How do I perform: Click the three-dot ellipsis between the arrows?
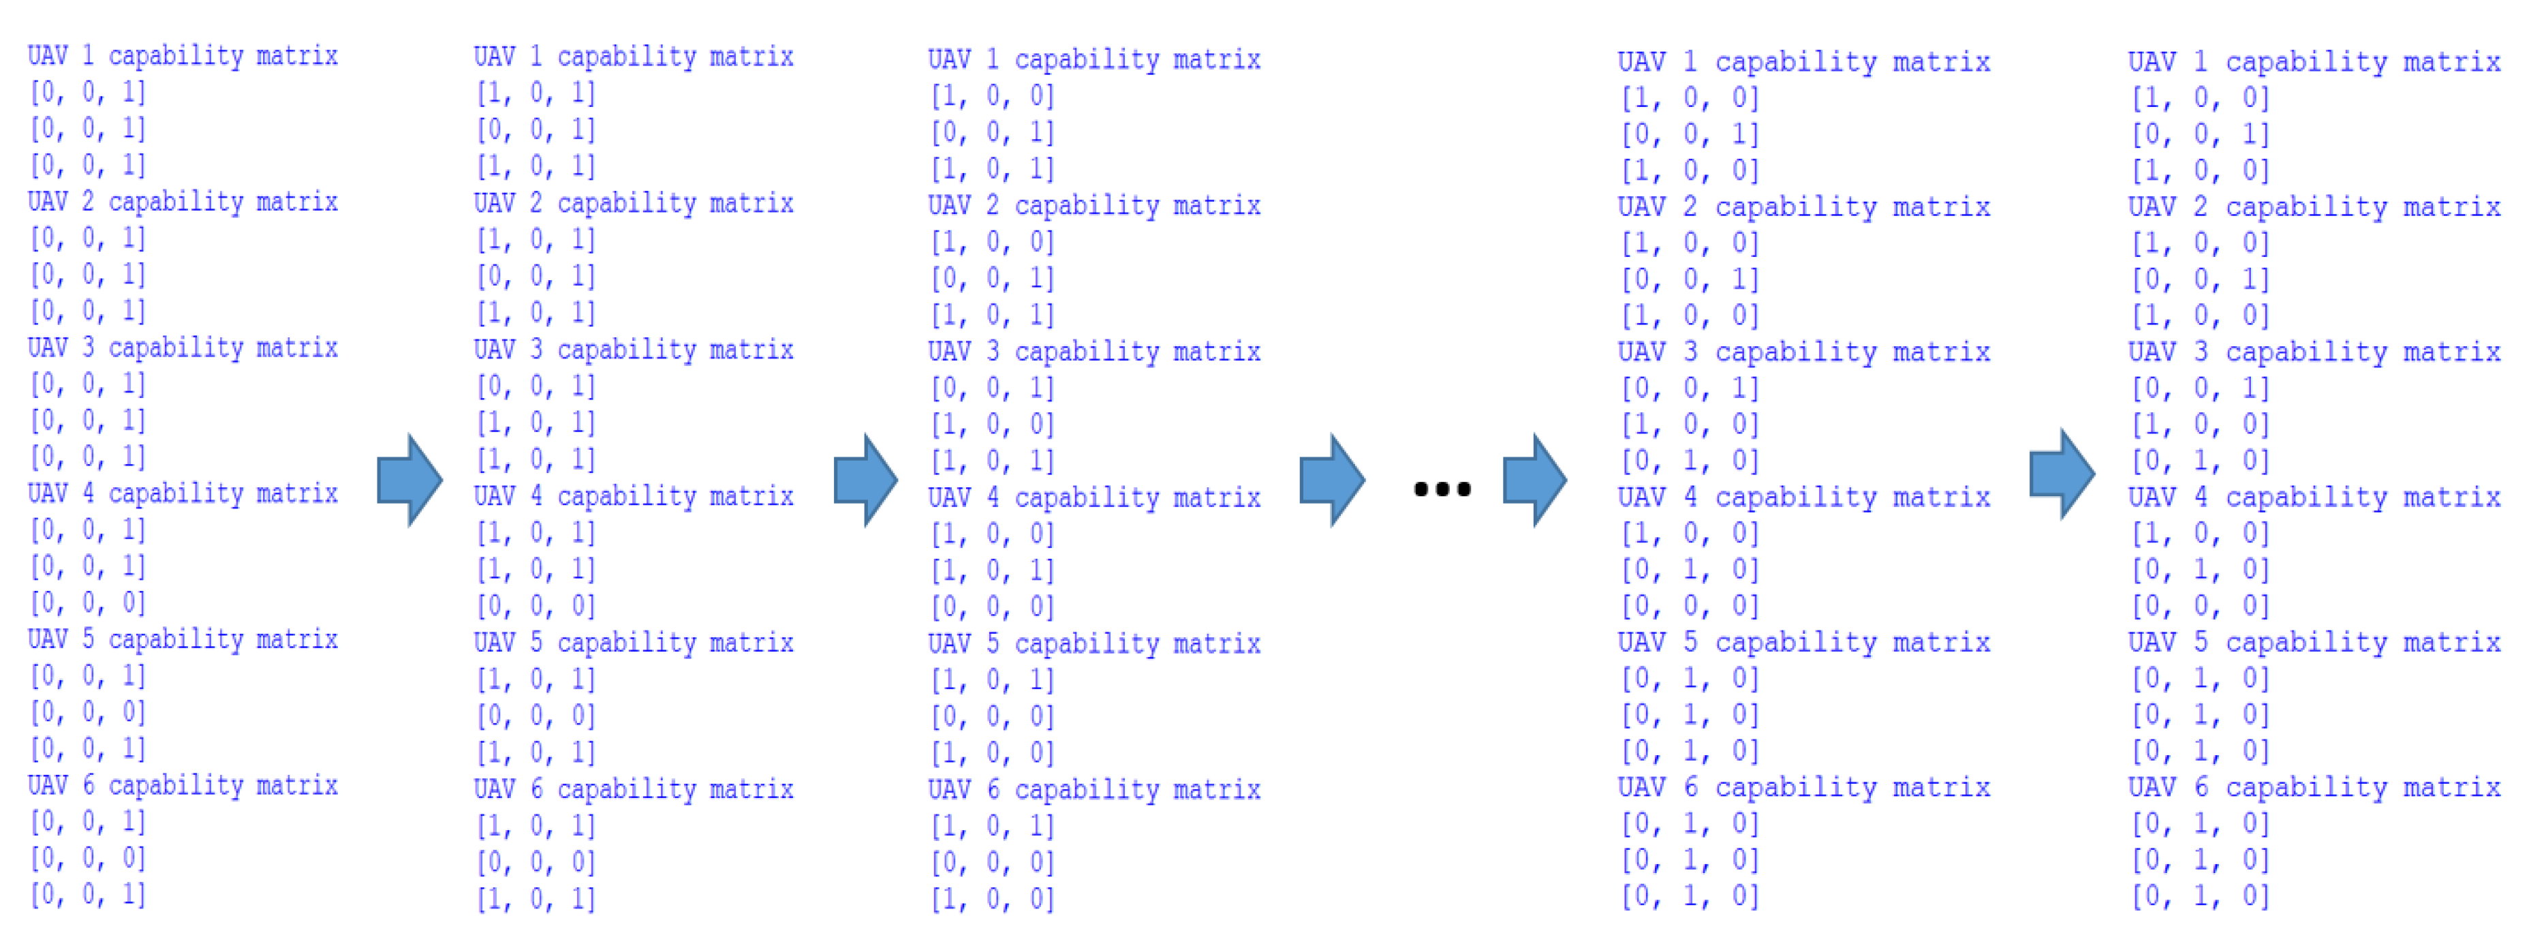1442,488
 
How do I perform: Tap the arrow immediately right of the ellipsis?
1534,480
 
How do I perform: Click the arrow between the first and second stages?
409,480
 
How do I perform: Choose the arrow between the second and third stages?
865,480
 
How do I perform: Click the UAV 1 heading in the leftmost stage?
183,56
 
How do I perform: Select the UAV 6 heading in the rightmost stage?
2314,788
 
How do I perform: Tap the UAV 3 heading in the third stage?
1093,352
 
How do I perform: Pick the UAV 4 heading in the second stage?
634,496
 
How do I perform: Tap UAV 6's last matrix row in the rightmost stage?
2200,896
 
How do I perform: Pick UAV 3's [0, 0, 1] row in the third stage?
993,388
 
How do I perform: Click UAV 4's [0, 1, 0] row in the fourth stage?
1690,570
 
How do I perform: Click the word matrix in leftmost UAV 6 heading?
297,786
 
